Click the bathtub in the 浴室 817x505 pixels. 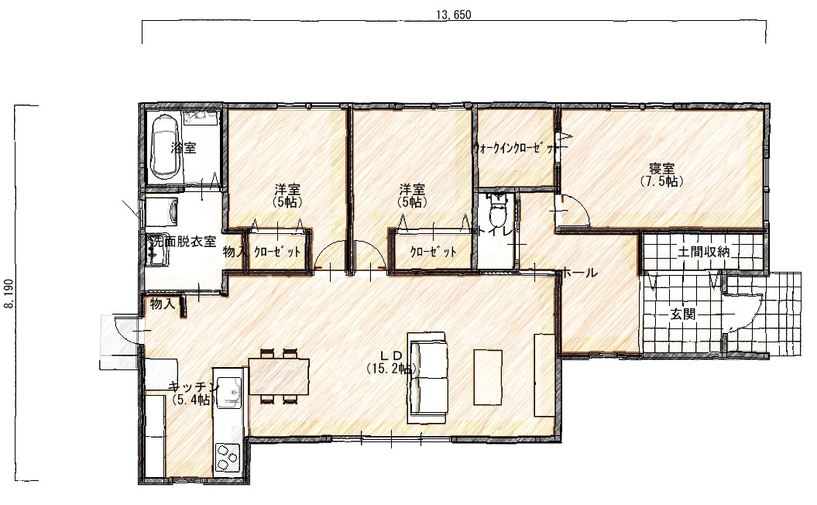click(166, 147)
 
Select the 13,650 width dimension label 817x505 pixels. click(453, 15)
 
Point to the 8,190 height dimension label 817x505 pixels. click(9, 294)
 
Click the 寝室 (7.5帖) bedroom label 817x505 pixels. click(661, 174)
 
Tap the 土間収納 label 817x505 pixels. click(703, 252)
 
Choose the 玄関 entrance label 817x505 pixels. click(682, 314)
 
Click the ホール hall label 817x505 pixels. click(579, 272)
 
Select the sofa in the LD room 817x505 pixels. click(428, 377)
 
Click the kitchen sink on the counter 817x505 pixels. click(228, 393)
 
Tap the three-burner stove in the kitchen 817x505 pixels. click(228, 456)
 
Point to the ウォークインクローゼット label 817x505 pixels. click(515, 148)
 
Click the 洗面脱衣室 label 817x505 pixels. click(182, 241)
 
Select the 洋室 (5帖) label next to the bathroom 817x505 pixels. click(287, 195)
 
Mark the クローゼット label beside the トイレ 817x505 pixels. click(433, 252)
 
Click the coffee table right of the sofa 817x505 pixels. click(488, 377)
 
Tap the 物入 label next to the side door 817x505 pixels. click(163, 304)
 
